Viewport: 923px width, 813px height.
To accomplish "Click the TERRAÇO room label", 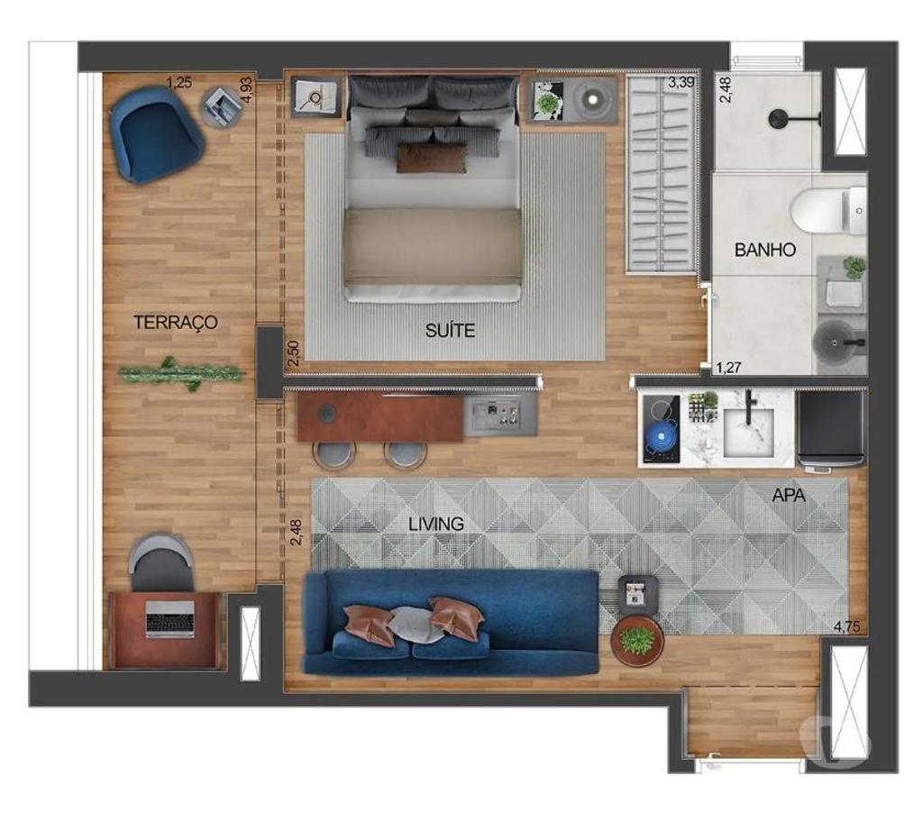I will tap(176, 322).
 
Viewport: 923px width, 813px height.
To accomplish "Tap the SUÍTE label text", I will tap(450, 330).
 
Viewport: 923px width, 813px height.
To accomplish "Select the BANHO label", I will tap(765, 250).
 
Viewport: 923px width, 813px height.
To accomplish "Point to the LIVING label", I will tap(435, 524).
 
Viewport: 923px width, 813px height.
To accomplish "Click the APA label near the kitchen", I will tap(790, 495).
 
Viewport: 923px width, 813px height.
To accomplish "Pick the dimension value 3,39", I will tap(681, 84).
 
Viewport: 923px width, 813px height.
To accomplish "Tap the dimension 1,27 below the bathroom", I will tap(727, 367).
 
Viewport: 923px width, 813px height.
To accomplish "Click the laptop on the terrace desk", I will tap(170, 619).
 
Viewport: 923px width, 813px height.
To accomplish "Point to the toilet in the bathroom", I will tap(825, 211).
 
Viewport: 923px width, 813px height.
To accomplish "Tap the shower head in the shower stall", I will tap(776, 118).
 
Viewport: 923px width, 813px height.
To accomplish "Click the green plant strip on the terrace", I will tap(181, 372).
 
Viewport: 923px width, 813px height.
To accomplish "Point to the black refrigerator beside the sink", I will tap(830, 427).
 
